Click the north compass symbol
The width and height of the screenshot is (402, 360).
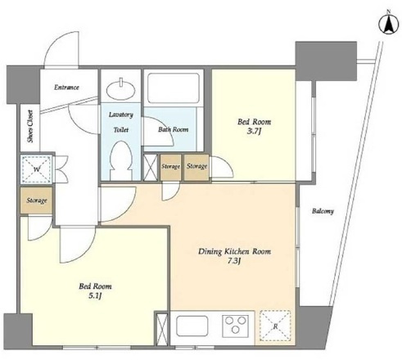click(388, 25)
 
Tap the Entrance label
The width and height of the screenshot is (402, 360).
click(66, 88)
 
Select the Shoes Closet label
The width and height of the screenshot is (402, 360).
click(30, 126)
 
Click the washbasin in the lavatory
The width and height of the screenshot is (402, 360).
click(120, 88)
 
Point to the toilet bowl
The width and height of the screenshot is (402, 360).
click(121, 160)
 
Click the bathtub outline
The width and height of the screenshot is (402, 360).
click(174, 88)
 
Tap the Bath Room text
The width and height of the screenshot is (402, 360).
click(173, 129)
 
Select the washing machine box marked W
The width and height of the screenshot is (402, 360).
click(36, 169)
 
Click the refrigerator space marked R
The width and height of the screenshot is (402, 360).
click(275, 326)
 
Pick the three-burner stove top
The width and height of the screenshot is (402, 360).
click(235, 326)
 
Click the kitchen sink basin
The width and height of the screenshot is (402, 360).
click(192, 326)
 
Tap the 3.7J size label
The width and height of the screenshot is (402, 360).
click(254, 132)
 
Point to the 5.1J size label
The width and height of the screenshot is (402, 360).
click(95, 295)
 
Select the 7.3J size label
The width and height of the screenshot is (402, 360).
click(234, 261)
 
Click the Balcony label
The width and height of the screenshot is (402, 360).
click(323, 211)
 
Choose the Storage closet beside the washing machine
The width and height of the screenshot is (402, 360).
click(36, 200)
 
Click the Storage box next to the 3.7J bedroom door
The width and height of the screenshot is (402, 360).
click(196, 167)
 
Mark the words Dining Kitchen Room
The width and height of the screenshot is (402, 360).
click(234, 251)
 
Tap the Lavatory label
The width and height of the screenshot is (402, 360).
click(121, 115)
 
